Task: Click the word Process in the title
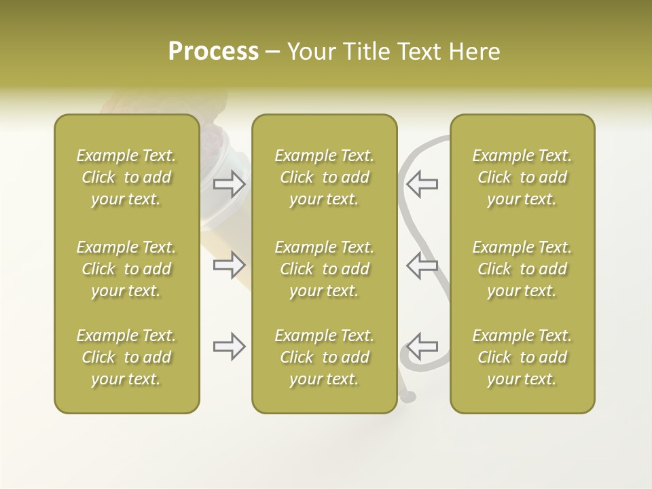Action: tap(213, 52)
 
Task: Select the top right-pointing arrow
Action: tap(230, 184)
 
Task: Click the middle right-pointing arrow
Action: tap(230, 265)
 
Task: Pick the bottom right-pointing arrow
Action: tap(230, 346)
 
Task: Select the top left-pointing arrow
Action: tap(422, 184)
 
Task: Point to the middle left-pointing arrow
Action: tap(422, 265)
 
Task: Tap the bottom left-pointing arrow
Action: tap(422, 346)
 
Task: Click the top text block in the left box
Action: tap(126, 177)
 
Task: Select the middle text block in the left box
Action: tap(126, 269)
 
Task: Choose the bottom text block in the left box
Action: tap(126, 357)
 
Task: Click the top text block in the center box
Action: tap(325, 177)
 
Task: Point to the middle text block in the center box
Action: tap(325, 269)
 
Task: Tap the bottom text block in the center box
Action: tap(325, 357)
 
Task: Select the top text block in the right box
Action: tap(522, 177)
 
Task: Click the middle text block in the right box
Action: tap(522, 269)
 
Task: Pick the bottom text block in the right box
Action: tap(522, 357)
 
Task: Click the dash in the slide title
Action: tap(273, 52)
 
